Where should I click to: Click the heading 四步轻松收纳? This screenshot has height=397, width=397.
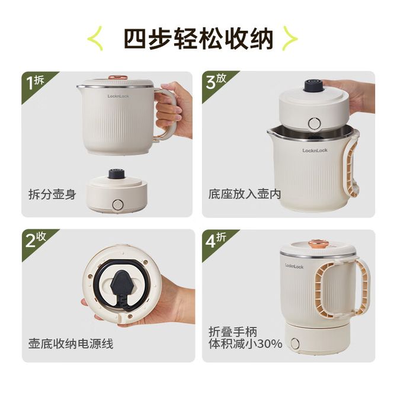point(198,39)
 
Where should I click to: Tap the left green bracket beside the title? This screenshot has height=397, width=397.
point(95,39)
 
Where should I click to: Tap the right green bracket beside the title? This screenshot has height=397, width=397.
point(290,39)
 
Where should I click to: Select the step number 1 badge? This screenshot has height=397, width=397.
point(36,82)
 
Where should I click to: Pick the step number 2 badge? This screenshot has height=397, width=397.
point(36,240)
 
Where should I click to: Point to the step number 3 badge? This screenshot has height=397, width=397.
point(216,82)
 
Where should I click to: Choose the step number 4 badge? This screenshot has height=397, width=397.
point(216,240)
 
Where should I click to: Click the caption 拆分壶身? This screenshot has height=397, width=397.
point(52,194)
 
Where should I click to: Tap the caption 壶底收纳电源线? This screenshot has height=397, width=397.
point(71,344)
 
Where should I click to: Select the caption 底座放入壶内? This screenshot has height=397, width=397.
point(245,194)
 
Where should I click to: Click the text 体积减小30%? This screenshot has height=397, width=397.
point(245,344)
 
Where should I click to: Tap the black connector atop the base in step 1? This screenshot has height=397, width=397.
point(117,174)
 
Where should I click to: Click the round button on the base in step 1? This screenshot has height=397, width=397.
point(117,204)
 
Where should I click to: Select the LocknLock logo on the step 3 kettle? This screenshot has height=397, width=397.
point(315,151)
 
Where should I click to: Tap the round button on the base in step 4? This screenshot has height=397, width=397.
point(295,343)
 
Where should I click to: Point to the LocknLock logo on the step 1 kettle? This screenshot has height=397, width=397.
point(118,96)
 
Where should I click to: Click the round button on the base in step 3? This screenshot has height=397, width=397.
point(315,123)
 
